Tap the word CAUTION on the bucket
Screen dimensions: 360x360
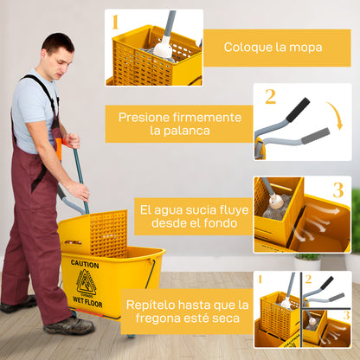click(x=85, y=264)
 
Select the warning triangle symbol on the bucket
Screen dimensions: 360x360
click(x=86, y=283)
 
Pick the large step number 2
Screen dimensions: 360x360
click(x=270, y=96)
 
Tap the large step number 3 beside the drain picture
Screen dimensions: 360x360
click(x=337, y=190)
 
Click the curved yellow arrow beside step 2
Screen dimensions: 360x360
click(x=335, y=116)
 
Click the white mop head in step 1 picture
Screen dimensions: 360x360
click(x=163, y=49)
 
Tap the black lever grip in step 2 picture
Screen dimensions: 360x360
click(x=297, y=110)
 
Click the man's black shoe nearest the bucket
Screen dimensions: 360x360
click(x=69, y=325)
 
